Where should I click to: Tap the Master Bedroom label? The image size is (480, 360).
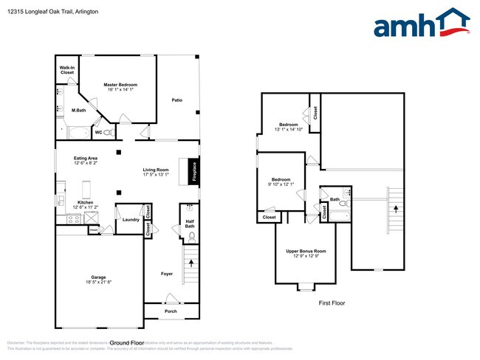point(120,85)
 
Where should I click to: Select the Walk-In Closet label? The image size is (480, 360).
point(67,71)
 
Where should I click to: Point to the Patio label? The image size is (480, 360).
point(177,100)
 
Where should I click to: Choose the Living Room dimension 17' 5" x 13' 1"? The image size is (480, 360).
point(156,175)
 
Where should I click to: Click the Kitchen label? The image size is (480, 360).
point(85,202)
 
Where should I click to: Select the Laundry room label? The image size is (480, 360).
point(131,219)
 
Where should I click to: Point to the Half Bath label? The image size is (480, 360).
point(190,223)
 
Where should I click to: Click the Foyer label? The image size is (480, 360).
point(167,274)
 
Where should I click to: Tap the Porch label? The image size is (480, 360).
point(171,311)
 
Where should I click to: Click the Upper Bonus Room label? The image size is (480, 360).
point(306,251)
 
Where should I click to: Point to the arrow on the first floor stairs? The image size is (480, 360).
point(397,210)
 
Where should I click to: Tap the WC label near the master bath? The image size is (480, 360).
point(97,133)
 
